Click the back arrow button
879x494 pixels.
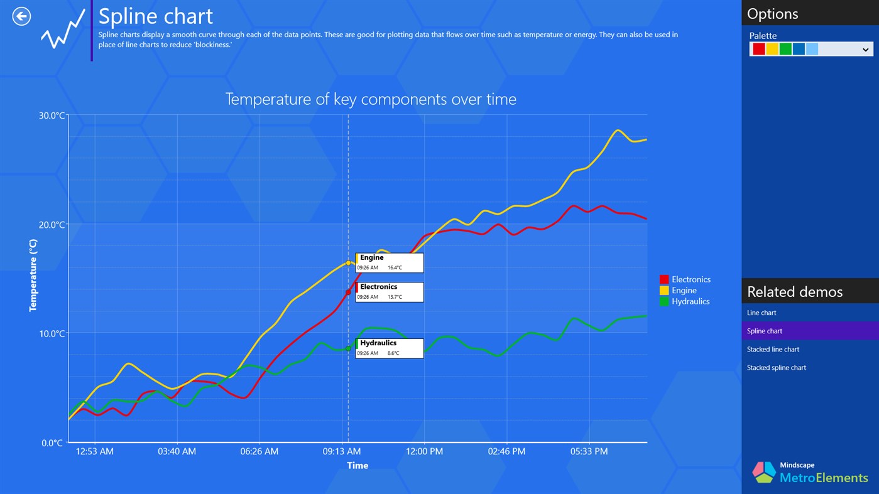coord(21,16)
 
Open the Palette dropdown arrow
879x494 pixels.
coord(865,50)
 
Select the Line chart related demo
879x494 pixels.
coord(762,313)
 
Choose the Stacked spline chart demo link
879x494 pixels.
coord(776,368)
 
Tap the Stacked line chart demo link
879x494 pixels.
coord(773,350)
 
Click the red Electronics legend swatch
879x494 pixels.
coord(664,279)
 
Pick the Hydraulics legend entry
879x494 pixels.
coord(690,301)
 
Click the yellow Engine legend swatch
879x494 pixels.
coord(664,291)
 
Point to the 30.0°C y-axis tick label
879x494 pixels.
coord(52,115)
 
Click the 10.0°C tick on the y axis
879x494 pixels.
coord(52,333)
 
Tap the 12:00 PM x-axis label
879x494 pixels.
coord(425,451)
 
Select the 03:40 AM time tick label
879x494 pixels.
coord(177,451)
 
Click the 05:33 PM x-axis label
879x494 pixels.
coord(589,451)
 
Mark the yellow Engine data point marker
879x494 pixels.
coord(348,263)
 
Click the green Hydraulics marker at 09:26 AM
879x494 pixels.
coord(348,348)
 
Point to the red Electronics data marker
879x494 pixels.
coord(348,293)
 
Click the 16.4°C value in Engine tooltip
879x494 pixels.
coord(395,268)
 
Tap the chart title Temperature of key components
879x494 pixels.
coord(371,99)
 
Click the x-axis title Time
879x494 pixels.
coord(358,466)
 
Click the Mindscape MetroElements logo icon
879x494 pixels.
coord(764,472)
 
